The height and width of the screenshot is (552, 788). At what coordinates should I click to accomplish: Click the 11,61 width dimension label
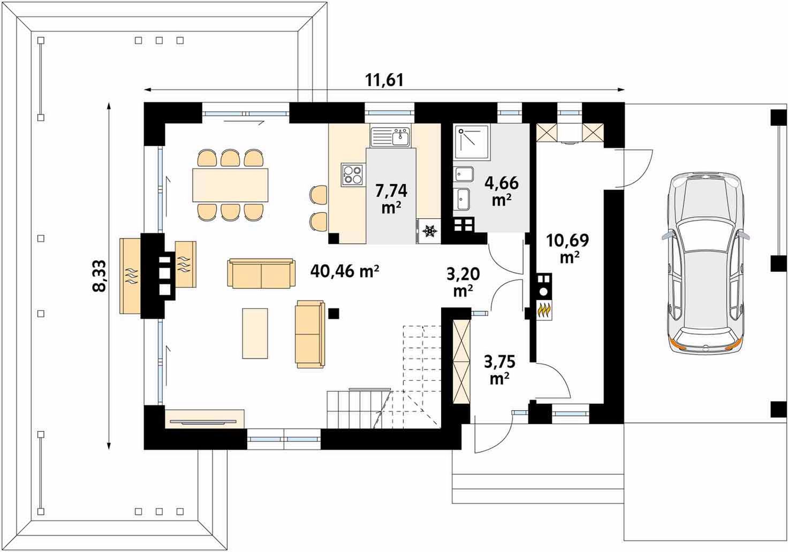pyautogui.click(x=384, y=80)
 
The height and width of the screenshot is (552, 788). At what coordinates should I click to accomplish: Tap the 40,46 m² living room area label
pyautogui.click(x=345, y=271)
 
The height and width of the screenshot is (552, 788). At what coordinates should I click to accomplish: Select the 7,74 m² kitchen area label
pyautogui.click(x=391, y=198)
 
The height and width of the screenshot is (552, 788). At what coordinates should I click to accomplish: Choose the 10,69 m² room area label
pyautogui.click(x=567, y=249)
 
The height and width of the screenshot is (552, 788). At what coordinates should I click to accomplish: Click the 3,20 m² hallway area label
pyautogui.click(x=463, y=282)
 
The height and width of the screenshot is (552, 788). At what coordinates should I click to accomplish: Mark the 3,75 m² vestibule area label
pyautogui.click(x=499, y=370)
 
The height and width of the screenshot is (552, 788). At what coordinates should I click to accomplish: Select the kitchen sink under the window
pyautogui.click(x=390, y=136)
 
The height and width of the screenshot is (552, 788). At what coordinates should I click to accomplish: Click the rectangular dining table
pyautogui.click(x=230, y=185)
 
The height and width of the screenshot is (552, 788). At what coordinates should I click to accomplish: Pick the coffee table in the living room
pyautogui.click(x=255, y=333)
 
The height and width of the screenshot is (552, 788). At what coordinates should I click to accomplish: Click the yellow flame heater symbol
pyautogui.click(x=544, y=311)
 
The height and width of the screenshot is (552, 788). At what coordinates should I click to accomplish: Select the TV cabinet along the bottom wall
pyautogui.click(x=204, y=418)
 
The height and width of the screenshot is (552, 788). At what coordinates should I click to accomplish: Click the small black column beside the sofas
pyautogui.click(x=334, y=313)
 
